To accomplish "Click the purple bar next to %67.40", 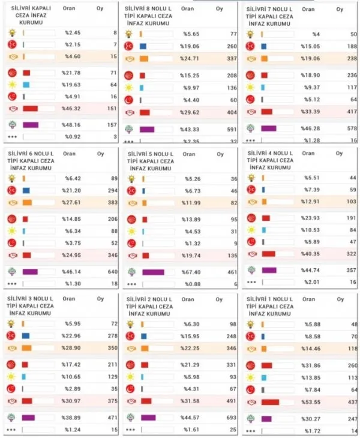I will click(x=153, y=272).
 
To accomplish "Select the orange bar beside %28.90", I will click(x=26, y=348).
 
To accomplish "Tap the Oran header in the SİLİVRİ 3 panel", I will click(x=69, y=297).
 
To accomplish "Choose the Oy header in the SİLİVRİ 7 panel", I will click(x=340, y=10).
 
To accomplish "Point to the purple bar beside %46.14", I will click(x=29, y=271).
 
